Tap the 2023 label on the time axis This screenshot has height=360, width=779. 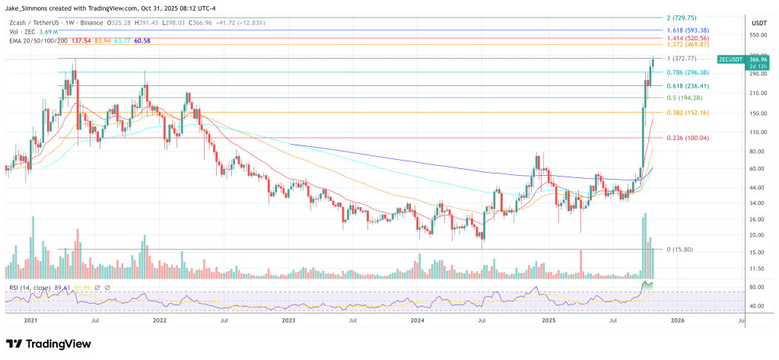click(288, 321)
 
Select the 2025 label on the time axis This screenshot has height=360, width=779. click(548, 321)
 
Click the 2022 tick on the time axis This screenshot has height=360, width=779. click(159, 321)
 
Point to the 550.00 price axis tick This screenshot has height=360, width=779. click(756, 35)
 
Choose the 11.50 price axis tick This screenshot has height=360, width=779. click(756, 269)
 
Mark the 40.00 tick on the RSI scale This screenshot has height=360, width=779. click(756, 306)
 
